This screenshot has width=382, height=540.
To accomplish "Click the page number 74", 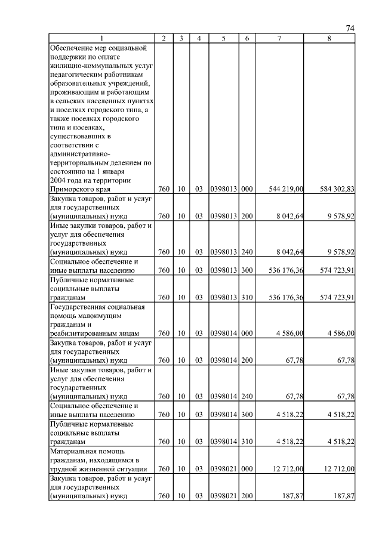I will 350,29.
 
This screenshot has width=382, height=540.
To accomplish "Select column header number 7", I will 279,38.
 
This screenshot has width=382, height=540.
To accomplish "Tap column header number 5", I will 223,38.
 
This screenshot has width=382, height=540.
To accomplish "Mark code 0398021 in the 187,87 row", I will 223,496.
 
